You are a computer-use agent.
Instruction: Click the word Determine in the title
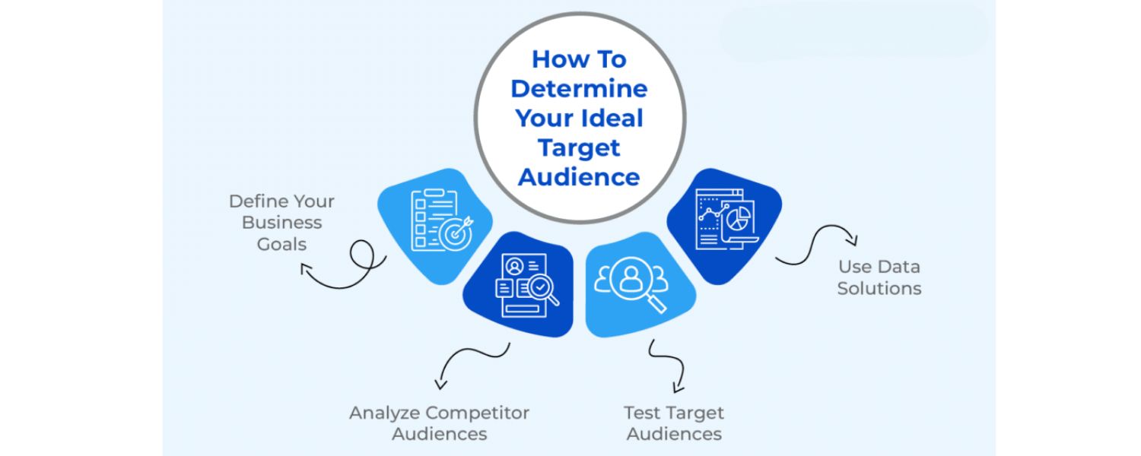tap(579, 88)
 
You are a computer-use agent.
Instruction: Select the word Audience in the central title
tap(579, 176)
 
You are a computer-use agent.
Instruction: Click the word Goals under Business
tap(281, 244)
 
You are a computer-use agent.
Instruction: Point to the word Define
tap(256, 201)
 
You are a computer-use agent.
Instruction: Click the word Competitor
tap(477, 413)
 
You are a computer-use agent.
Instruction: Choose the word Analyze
tap(384, 413)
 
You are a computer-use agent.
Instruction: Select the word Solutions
tap(879, 288)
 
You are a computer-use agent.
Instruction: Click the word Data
tap(899, 267)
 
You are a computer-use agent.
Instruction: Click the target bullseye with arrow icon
tap(457, 233)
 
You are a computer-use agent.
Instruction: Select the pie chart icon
tap(736, 220)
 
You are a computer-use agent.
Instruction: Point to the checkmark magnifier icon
tap(542, 289)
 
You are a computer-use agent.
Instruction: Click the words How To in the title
tap(579, 59)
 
